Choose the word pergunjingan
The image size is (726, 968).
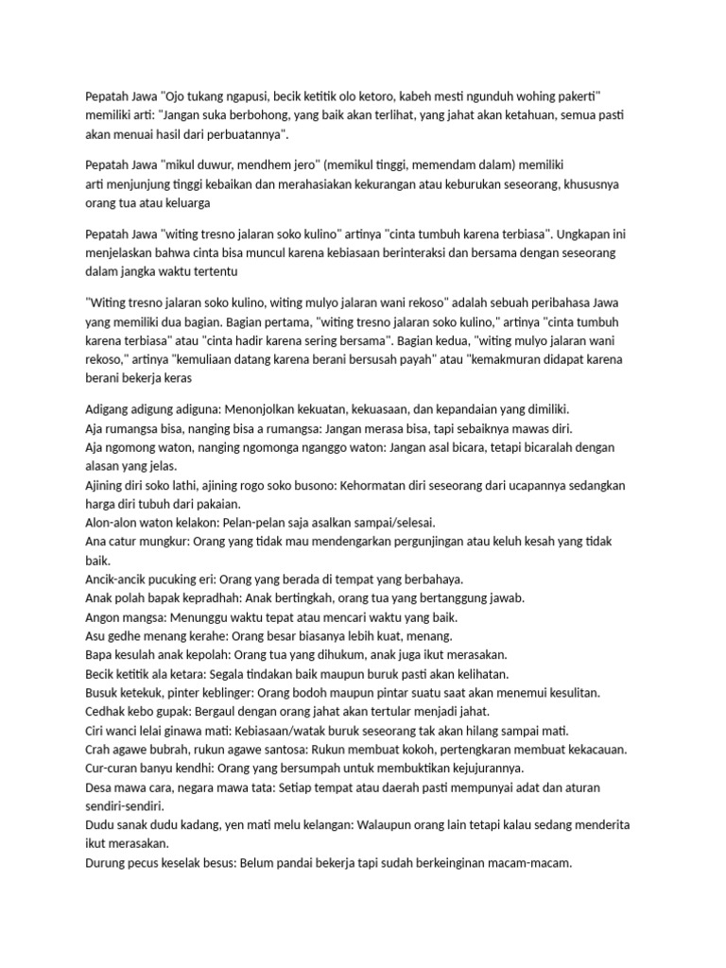(422, 542)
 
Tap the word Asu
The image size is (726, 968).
(96, 636)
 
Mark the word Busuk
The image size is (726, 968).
(104, 693)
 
